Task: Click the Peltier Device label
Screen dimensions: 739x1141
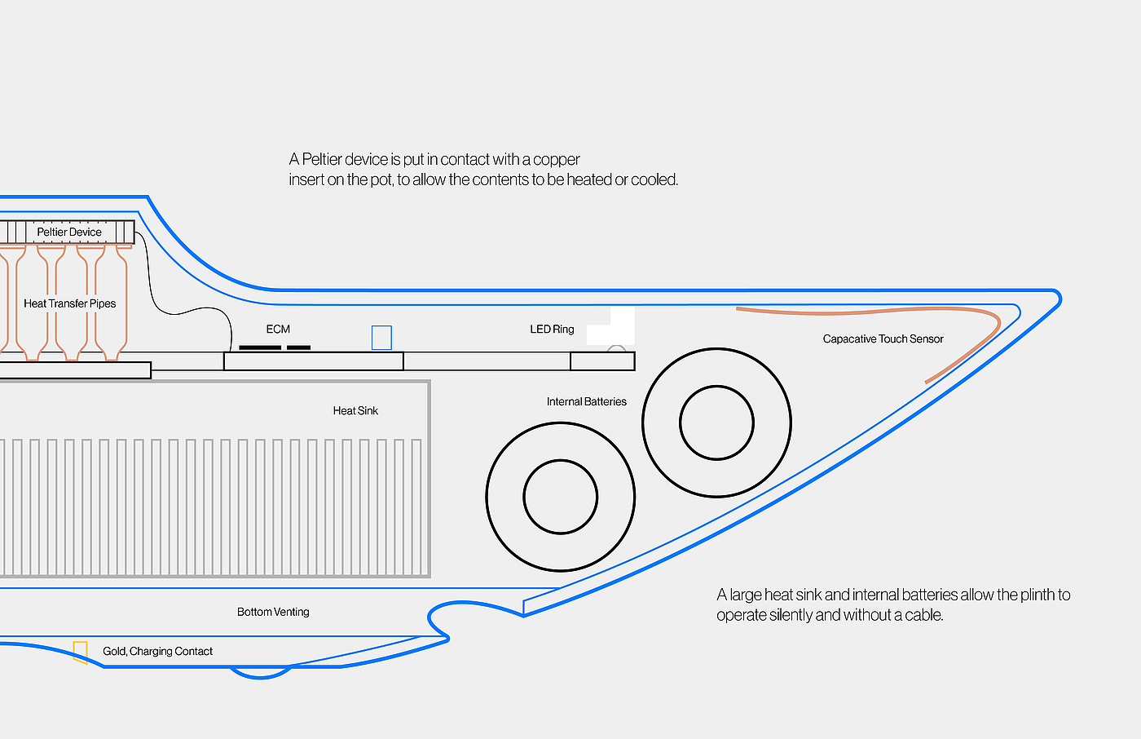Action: pos(69,232)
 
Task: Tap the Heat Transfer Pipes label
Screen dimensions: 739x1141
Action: pos(69,303)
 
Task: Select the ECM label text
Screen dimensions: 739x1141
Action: pos(278,330)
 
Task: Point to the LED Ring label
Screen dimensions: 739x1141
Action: pos(552,330)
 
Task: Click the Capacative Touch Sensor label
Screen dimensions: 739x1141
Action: pos(883,339)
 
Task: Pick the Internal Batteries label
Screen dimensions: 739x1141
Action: pos(586,402)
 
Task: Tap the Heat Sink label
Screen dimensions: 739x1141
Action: pos(355,411)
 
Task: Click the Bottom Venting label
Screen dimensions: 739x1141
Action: pos(273,613)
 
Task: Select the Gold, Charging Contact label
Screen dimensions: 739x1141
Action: pos(157,652)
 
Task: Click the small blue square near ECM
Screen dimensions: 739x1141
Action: pos(381,338)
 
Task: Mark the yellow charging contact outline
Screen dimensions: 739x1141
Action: pos(80,652)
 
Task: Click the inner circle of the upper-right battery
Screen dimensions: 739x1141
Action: pos(716,423)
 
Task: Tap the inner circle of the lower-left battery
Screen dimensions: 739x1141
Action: pos(561,497)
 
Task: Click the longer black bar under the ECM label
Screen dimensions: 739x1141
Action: pos(260,347)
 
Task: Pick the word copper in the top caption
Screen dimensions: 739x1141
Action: pos(557,159)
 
